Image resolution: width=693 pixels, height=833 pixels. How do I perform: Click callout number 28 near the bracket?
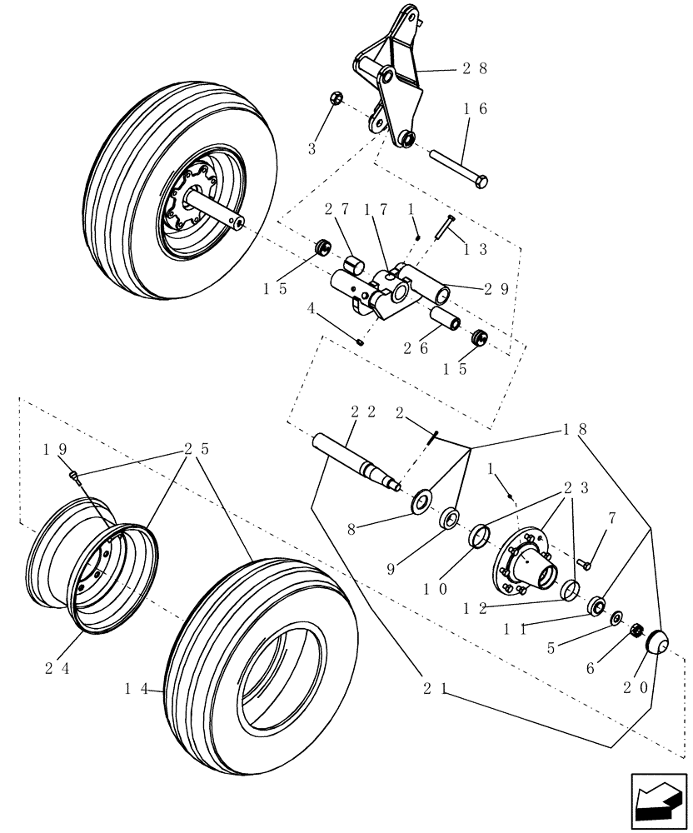click(474, 70)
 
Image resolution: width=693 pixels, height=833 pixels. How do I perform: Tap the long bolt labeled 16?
click(458, 167)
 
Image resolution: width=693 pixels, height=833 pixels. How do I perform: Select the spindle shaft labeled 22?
click(350, 460)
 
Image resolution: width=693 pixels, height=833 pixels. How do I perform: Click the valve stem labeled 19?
click(76, 476)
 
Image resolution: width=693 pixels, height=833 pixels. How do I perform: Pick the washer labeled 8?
click(421, 502)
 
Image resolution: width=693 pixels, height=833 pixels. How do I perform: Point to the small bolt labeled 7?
click(584, 564)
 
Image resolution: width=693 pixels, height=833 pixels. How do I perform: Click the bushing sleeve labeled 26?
click(444, 320)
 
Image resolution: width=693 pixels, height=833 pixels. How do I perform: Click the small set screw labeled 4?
click(360, 341)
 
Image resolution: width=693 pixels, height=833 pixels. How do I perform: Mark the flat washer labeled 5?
click(616, 618)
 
